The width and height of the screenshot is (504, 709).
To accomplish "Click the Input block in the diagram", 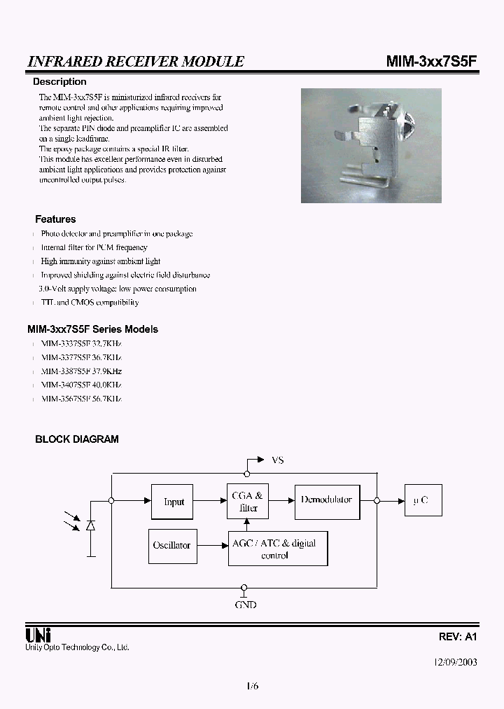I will point(173,502).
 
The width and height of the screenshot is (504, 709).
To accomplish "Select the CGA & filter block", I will point(248,502).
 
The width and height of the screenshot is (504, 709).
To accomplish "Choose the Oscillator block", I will point(171,546).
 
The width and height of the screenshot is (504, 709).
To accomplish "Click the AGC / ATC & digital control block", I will point(278,549).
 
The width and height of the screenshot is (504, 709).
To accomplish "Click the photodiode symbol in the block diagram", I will point(91,525).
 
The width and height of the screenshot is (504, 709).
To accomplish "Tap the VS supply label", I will point(277,460).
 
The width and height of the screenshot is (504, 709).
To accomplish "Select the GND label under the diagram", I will point(245,605).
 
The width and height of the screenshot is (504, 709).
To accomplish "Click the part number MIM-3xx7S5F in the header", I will point(432,61).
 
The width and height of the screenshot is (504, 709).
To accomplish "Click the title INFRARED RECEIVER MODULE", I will point(135,62).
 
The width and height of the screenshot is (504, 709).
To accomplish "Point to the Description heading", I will point(59,82).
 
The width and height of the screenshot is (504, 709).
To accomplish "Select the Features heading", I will point(55,219).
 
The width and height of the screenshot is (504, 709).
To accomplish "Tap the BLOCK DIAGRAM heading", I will point(77,439).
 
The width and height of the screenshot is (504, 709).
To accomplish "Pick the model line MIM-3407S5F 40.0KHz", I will point(81,385).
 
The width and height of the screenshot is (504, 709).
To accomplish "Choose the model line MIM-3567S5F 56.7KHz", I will point(81,399).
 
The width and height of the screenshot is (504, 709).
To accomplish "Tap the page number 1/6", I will point(252,686).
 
